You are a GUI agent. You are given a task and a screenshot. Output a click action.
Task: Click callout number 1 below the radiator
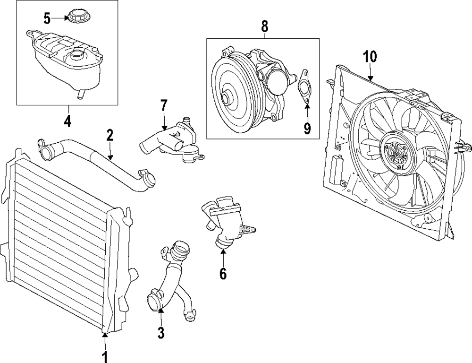pyautogui.click(x=105, y=355)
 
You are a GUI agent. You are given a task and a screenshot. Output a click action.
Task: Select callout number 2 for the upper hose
pyautogui.click(x=110, y=136)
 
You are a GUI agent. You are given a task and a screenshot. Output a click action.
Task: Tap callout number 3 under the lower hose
pyautogui.click(x=160, y=333)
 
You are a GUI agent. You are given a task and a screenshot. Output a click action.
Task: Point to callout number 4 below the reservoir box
pyautogui.click(x=67, y=121)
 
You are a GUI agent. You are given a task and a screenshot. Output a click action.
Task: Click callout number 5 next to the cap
pyautogui.click(x=47, y=18)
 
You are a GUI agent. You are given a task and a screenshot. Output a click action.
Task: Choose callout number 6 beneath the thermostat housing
pyautogui.click(x=223, y=273)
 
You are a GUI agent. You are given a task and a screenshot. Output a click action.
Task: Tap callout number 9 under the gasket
pyautogui.click(x=307, y=128)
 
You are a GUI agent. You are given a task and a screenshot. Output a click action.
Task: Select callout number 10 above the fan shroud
pyautogui.click(x=370, y=57)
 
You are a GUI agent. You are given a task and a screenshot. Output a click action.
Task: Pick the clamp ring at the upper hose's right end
pyautogui.click(x=150, y=180)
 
